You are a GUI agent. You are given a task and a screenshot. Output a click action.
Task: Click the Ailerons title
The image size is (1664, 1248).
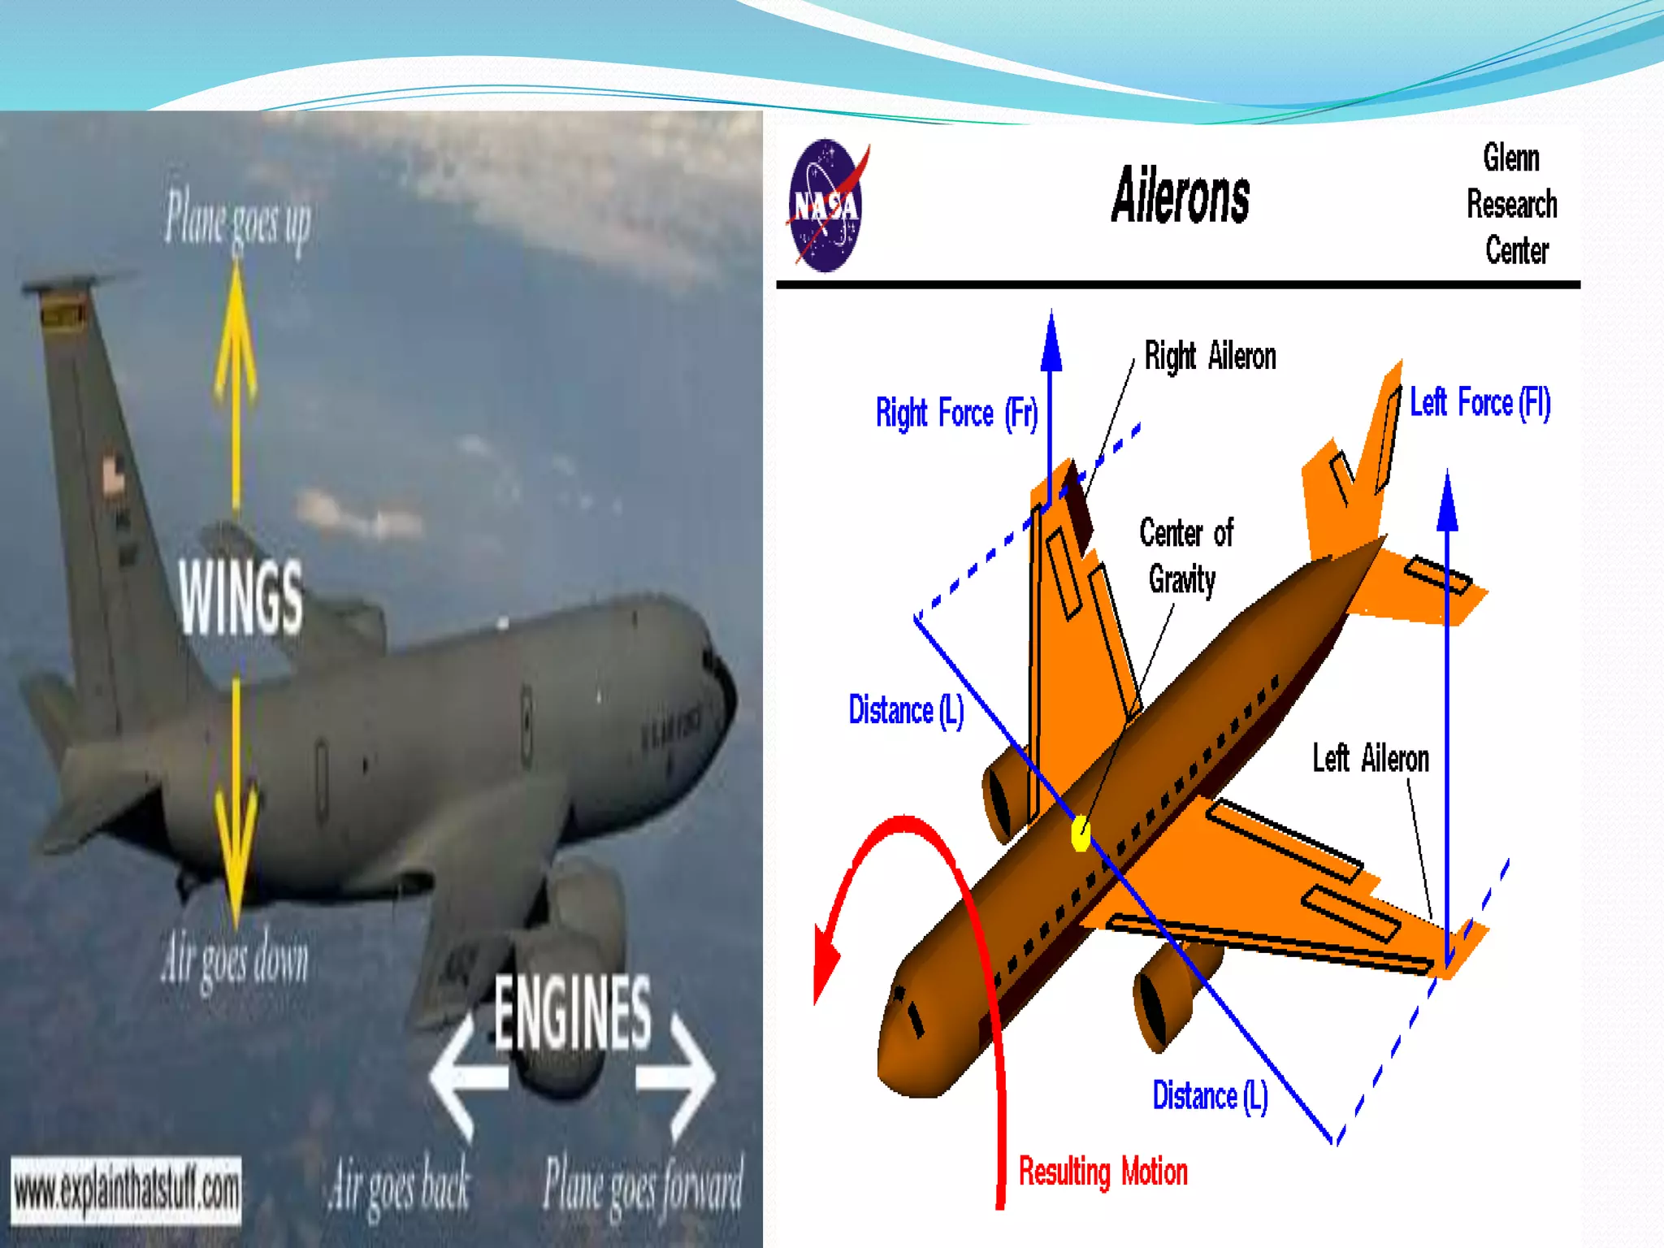pos(1180,196)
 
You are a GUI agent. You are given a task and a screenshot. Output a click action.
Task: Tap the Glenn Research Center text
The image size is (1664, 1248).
pos(1512,204)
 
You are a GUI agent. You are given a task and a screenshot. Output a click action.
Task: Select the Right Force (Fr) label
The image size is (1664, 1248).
pos(956,413)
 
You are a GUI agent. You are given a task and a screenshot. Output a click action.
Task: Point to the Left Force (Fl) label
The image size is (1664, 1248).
pos(1480,403)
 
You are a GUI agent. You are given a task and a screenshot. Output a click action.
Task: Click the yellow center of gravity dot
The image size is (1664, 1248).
pos(1080,834)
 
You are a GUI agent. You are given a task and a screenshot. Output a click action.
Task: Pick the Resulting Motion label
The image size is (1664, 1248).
pos(1103,1172)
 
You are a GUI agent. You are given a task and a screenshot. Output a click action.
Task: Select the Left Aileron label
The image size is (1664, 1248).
pos(1370,758)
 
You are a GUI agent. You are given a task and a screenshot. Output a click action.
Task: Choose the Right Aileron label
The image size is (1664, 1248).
pos(1210,356)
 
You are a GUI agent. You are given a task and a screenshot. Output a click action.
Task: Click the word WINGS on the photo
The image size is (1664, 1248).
pos(240,597)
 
